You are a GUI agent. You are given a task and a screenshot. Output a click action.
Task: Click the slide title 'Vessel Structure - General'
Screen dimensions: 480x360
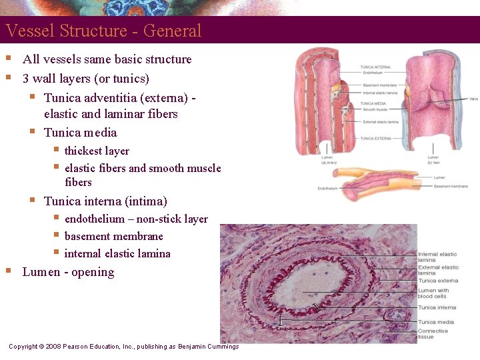point(103,31)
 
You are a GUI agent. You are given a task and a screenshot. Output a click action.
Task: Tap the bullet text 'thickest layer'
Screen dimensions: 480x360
point(97,151)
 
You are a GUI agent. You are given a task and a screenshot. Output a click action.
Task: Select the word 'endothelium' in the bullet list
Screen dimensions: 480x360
point(99,219)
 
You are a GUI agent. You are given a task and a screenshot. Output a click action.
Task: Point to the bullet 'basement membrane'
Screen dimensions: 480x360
point(113,236)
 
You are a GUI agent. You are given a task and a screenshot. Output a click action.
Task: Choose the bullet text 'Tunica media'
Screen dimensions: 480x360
point(80,132)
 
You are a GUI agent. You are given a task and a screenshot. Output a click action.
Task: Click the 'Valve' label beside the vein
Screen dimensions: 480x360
point(473,99)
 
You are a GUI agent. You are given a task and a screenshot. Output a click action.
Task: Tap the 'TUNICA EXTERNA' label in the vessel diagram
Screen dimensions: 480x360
point(376,138)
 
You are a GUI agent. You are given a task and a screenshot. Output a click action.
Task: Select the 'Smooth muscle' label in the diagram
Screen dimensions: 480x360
point(375,109)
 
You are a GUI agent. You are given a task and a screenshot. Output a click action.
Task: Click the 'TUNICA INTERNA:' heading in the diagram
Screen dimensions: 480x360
point(375,67)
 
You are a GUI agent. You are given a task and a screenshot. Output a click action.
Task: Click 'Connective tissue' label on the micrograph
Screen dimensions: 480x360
point(433,334)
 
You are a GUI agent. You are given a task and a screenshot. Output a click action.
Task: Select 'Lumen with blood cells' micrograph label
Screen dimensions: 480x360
point(433,293)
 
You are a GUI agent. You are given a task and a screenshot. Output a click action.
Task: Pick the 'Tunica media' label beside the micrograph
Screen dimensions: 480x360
point(436,322)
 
